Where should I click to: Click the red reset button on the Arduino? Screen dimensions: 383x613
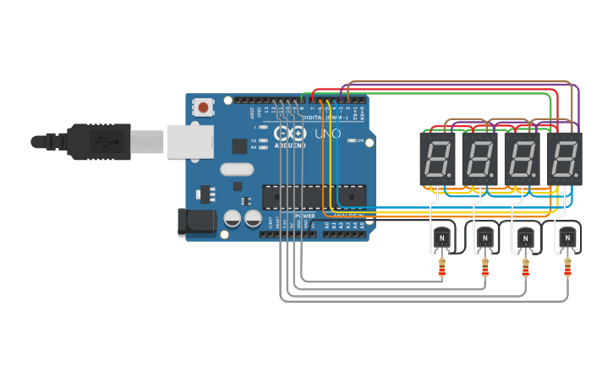204,107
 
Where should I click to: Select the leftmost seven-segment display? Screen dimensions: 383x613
437,158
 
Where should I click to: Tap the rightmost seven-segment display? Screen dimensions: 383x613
565,158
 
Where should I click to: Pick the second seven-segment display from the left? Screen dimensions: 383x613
479,158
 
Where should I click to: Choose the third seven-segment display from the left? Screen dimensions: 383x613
523,158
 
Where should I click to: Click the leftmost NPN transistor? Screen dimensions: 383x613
442,239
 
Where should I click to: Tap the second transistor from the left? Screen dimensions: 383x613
485,239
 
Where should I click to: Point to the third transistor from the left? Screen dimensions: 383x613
526,239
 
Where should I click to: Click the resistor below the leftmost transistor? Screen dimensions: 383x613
441,269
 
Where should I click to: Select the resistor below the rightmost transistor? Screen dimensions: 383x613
566,269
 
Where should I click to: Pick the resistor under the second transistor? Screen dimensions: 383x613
484,269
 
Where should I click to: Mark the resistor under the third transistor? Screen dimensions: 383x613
526,269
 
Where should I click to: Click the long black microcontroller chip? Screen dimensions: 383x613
315,196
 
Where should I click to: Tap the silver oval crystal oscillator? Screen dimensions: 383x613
237,168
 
